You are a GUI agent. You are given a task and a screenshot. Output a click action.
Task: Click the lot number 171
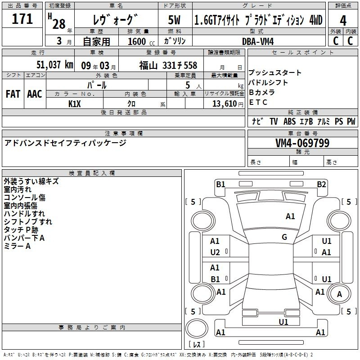[22, 19]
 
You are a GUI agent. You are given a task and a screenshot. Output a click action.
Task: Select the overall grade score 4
[343, 21]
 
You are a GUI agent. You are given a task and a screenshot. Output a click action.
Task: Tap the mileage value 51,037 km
[55, 65]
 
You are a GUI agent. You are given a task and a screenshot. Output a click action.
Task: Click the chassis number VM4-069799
[302, 143]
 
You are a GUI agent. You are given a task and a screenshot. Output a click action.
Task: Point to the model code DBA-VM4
[258, 41]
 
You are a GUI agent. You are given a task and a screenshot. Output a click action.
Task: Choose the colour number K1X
[75, 104]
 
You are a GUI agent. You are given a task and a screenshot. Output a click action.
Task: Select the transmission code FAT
[13, 94]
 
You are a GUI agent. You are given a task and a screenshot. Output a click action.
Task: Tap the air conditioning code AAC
[35, 94]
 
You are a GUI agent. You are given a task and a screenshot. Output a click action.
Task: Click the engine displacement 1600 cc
[141, 41]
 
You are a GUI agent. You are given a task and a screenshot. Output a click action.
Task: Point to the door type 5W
[174, 20]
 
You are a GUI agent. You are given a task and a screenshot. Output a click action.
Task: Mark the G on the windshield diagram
[284, 237]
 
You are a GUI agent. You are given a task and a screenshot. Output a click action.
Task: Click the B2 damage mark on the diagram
[321, 184]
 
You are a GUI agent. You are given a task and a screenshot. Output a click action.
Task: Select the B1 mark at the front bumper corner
[220, 184]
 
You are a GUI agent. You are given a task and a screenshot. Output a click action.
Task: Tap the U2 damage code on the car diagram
[215, 252]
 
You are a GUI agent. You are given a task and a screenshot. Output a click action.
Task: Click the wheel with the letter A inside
[339, 294]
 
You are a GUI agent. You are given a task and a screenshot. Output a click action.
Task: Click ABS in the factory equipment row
[289, 121]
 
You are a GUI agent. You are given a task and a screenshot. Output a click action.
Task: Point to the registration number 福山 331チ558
[168, 66]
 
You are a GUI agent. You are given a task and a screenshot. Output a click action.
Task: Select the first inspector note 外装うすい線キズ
[31, 181]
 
